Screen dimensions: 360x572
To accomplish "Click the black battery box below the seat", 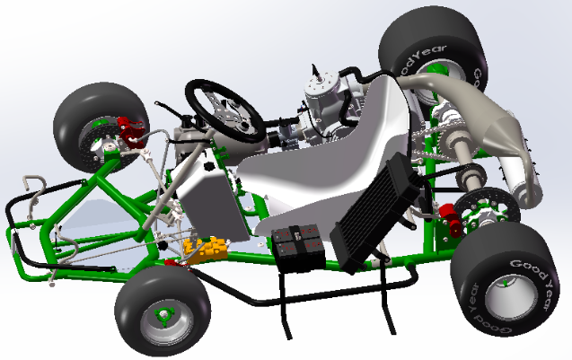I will tap(297, 248).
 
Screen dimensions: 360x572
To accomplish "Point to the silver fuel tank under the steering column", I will tap(208, 198).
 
